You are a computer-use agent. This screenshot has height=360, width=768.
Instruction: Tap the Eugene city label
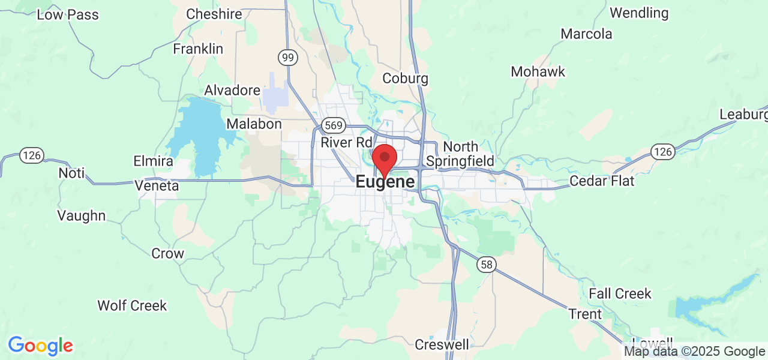point(385,182)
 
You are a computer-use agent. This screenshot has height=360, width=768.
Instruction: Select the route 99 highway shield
point(288,57)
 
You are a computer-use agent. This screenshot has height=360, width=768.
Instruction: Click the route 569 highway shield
point(333,125)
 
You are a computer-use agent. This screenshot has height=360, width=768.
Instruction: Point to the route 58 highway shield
point(487,264)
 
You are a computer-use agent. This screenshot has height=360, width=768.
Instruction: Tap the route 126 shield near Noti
point(31,155)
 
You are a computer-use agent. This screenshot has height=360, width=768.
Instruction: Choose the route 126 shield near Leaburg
point(663,152)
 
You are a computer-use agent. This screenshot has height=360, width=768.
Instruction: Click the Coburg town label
point(405,78)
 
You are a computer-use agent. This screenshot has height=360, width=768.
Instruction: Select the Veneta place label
point(157,186)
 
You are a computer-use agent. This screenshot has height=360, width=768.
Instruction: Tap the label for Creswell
point(442,344)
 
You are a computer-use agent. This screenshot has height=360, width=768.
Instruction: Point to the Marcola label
point(586,34)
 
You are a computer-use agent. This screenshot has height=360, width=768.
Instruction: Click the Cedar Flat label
point(601,181)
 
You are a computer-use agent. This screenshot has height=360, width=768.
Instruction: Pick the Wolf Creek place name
point(132,305)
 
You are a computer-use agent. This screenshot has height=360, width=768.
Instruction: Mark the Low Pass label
point(68,14)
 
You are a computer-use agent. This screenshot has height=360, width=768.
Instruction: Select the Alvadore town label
point(232,90)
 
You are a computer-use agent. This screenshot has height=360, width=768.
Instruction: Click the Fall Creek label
point(620,293)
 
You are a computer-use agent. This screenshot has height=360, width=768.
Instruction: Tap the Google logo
point(40,346)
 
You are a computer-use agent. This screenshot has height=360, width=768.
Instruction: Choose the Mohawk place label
point(538,71)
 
